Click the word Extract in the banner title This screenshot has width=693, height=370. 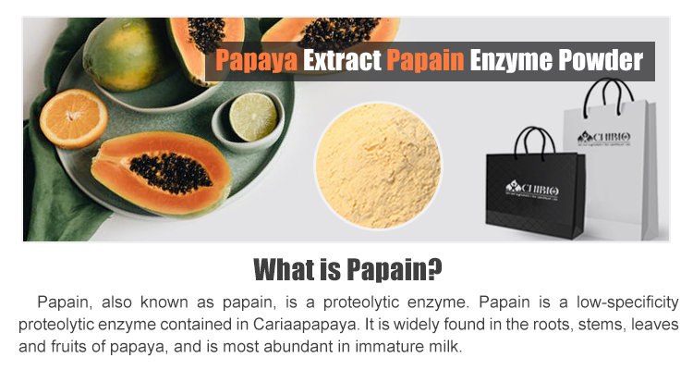pyautogui.click(x=344, y=61)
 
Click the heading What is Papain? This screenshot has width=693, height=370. pyautogui.click(x=346, y=270)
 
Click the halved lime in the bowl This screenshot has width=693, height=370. pyautogui.click(x=252, y=117)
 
